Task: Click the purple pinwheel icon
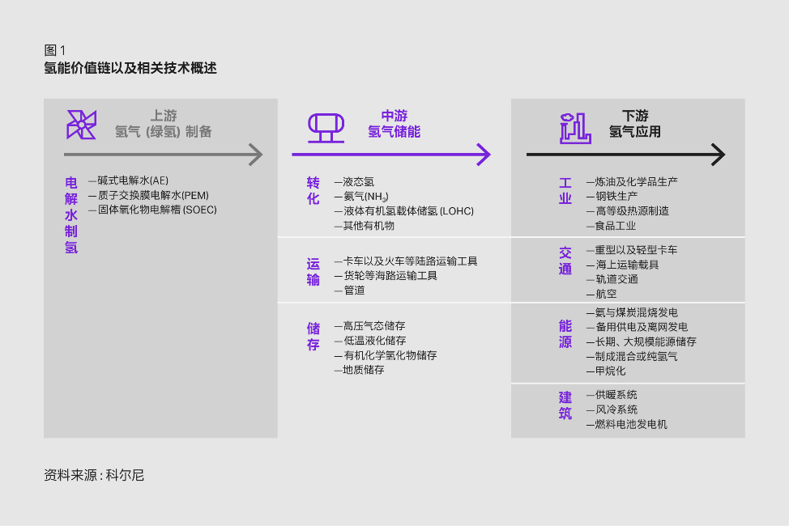[81, 124]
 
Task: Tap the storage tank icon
[326, 128]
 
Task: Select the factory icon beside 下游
[575, 128]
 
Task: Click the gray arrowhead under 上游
[256, 155]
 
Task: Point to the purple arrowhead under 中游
[484, 155]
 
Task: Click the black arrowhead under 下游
[718, 155]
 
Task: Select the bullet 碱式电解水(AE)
[128, 180]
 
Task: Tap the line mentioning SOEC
[152, 210]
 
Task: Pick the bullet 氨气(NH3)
[361, 197]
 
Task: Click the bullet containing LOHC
[404, 211]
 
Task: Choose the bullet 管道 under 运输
[350, 291]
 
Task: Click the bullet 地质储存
[360, 370]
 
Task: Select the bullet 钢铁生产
[612, 196]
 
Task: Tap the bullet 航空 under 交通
[601, 294]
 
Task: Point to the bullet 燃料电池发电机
[627, 424]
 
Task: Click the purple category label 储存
[313, 337]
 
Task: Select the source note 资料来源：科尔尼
[94, 475]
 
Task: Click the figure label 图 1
[55, 50]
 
